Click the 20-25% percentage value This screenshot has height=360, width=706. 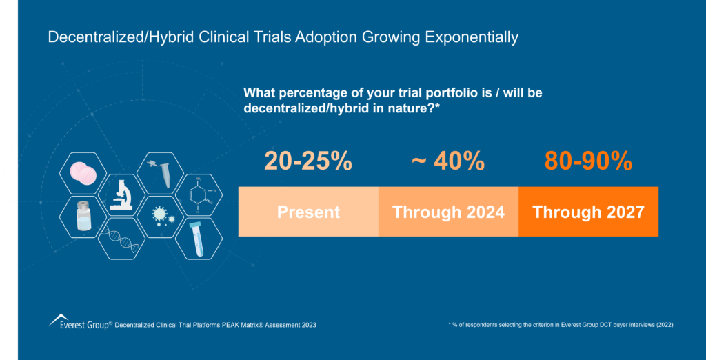click(308, 161)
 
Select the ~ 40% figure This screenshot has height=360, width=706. click(447, 161)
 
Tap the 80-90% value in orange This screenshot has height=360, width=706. click(588, 161)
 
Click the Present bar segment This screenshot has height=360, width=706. click(308, 212)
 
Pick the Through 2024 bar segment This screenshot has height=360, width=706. click(448, 212)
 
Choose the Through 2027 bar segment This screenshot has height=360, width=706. click(588, 212)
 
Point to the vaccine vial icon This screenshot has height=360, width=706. click(82, 217)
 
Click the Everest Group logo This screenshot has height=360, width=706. click(79, 322)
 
